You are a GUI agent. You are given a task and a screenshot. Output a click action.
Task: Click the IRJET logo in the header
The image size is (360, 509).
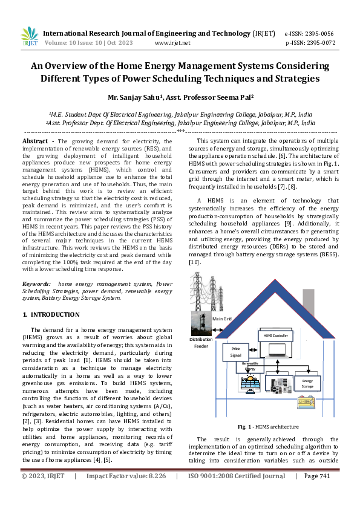(29, 37)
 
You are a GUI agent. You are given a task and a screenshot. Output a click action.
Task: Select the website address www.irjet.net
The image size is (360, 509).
(172, 43)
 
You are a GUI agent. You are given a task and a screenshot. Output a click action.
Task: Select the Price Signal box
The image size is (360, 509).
(236, 352)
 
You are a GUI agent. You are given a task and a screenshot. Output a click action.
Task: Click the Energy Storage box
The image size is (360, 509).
(307, 383)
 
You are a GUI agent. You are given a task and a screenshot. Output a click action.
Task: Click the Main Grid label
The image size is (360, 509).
(222, 319)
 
